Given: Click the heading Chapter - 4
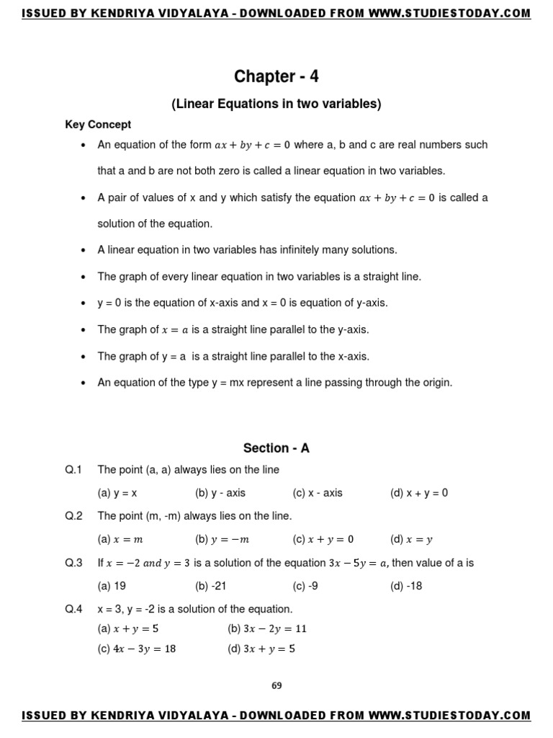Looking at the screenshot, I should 276,76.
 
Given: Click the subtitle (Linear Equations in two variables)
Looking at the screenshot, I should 276,104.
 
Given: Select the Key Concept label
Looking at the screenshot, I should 98,125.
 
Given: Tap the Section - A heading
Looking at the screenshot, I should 276,448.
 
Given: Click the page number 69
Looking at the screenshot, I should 276,685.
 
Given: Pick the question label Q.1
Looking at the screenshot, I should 74,470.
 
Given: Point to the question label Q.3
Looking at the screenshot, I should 74,563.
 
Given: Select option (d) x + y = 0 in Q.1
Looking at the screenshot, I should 419,493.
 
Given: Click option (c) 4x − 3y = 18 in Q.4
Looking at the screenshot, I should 137,649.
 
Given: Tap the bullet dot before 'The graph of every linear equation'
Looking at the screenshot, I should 84,277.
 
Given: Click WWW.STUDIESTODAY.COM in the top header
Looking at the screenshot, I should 449,13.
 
